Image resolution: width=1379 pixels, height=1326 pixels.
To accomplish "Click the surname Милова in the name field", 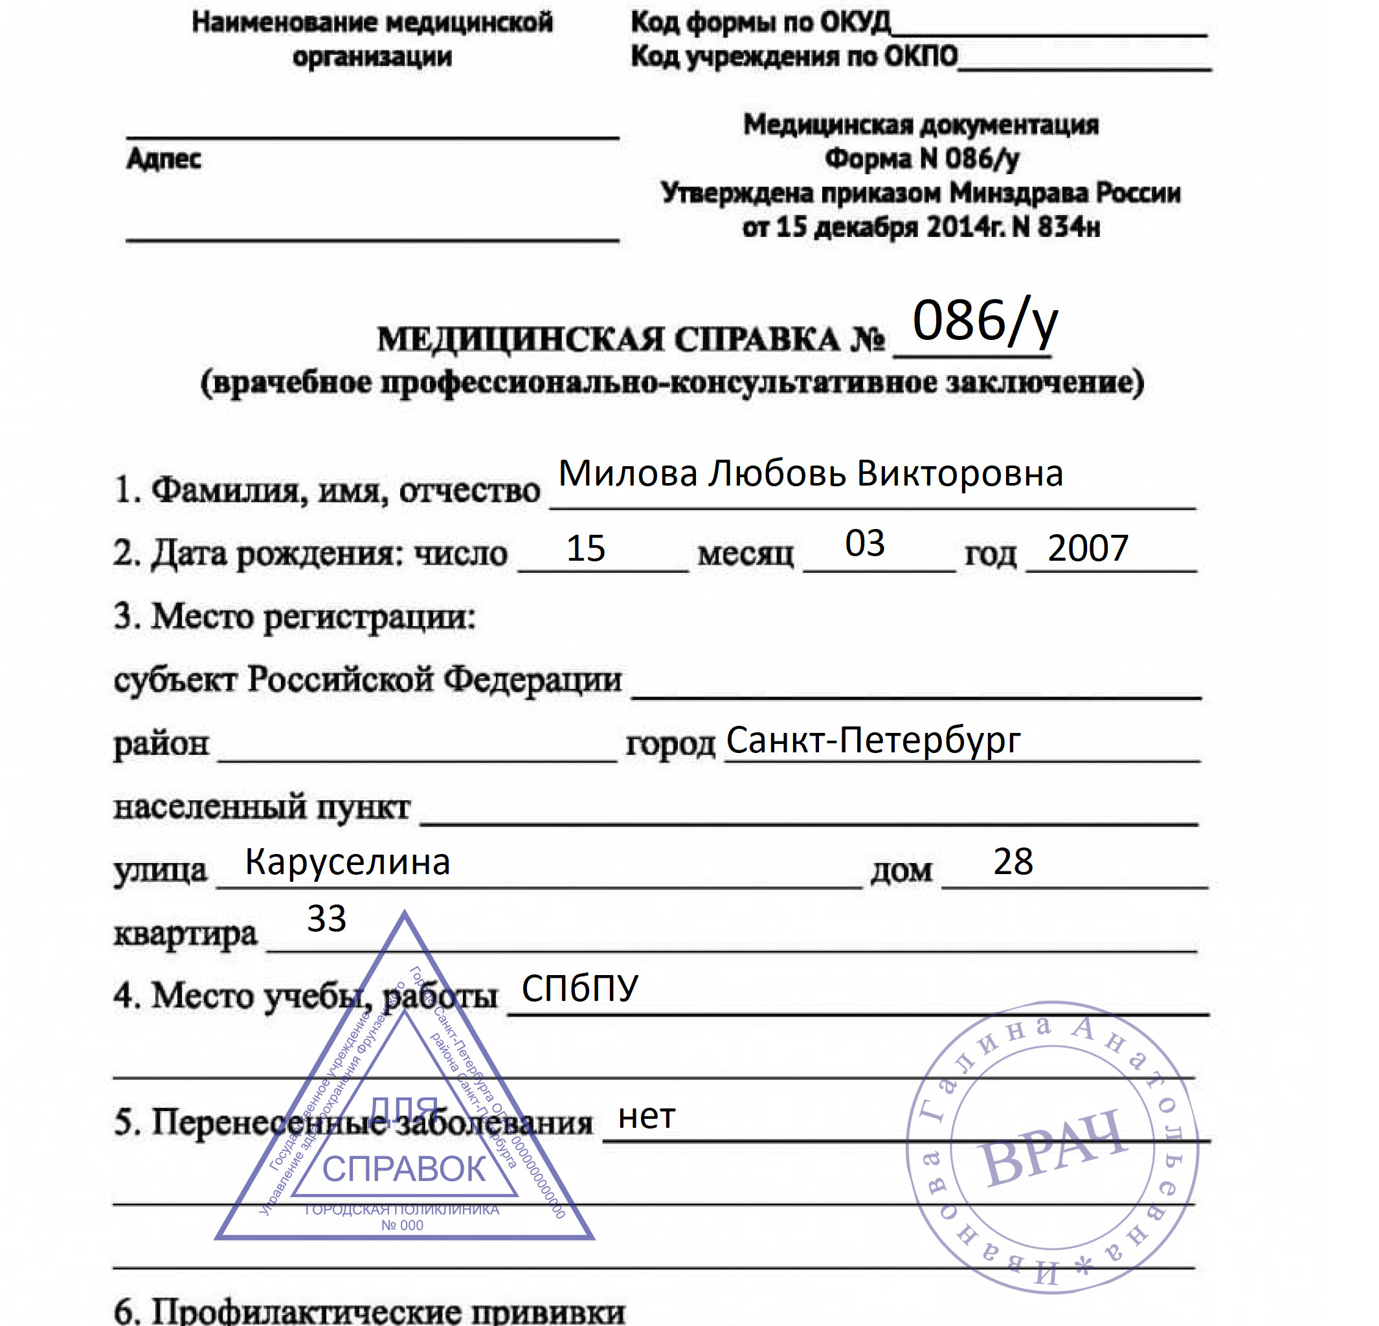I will pyautogui.click(x=627, y=473).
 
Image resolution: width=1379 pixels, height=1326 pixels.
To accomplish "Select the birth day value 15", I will pyautogui.click(x=585, y=548).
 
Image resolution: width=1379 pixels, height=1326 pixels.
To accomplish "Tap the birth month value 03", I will pyautogui.click(x=865, y=543).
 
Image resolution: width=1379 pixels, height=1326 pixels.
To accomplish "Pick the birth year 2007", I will pyautogui.click(x=1087, y=548).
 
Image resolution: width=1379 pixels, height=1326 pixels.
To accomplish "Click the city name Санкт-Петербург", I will pyautogui.click(x=873, y=740).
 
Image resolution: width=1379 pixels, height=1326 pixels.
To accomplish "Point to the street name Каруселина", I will pyautogui.click(x=347, y=862).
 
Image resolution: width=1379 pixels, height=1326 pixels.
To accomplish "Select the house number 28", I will pyautogui.click(x=1013, y=861).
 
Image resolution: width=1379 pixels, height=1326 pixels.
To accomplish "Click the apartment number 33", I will pyautogui.click(x=326, y=919).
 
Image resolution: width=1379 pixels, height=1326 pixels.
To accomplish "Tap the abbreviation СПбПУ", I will pyautogui.click(x=579, y=988).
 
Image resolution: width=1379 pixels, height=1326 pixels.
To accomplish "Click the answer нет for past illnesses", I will pyautogui.click(x=647, y=1116).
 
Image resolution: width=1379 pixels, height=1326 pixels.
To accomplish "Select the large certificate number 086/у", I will pyautogui.click(x=984, y=322).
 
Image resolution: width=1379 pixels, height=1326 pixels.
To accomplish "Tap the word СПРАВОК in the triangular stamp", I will pyautogui.click(x=404, y=1170).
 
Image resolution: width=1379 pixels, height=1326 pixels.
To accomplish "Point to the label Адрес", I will pyautogui.click(x=164, y=159).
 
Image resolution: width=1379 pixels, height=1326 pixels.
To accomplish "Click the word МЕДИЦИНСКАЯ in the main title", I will pyautogui.click(x=520, y=340).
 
